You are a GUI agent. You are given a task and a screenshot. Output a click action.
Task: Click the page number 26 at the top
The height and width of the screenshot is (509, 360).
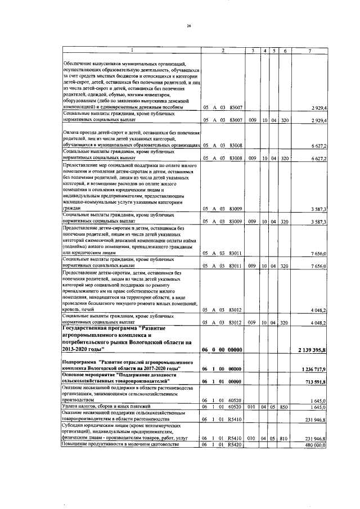pyautogui.click(x=189, y=25)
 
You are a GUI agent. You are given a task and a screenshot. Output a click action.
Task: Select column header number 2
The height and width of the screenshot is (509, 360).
pyautogui.click(x=223, y=51)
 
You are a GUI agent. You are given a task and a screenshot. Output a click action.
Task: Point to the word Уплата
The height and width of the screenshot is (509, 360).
pyautogui.click(x=71, y=406)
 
